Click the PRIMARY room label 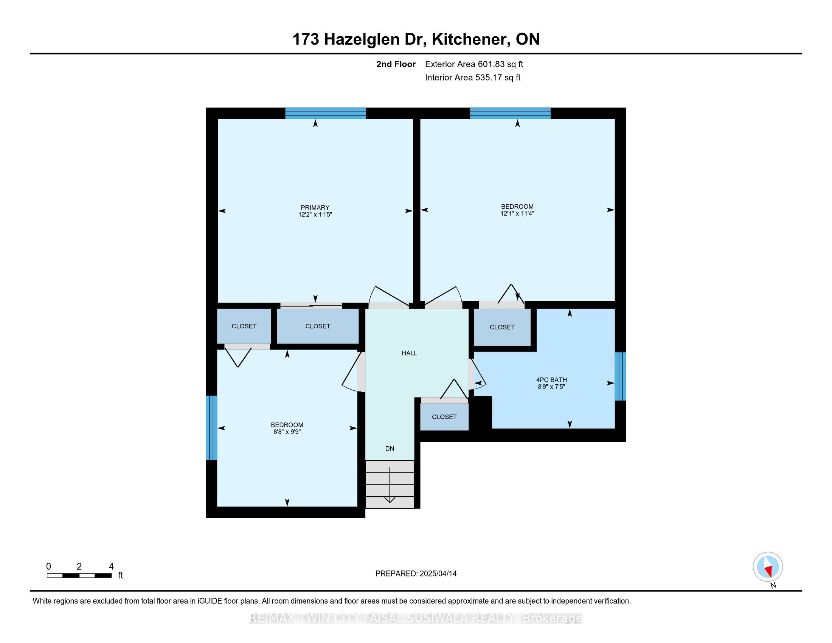[315, 208]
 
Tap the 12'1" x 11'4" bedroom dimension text [517, 214]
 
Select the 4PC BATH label [551, 380]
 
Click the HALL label [409, 353]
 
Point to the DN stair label [389, 449]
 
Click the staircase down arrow [390, 485]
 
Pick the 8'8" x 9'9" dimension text [287, 432]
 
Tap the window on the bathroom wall [620, 376]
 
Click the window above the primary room [325, 113]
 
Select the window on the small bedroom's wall [211, 428]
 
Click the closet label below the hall [444, 417]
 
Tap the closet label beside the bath [502, 327]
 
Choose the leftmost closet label [244, 326]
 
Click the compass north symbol [768, 567]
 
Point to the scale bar [79, 576]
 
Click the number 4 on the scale [111, 567]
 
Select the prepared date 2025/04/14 [438, 574]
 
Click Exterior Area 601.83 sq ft [474, 64]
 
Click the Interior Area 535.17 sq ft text [472, 78]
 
